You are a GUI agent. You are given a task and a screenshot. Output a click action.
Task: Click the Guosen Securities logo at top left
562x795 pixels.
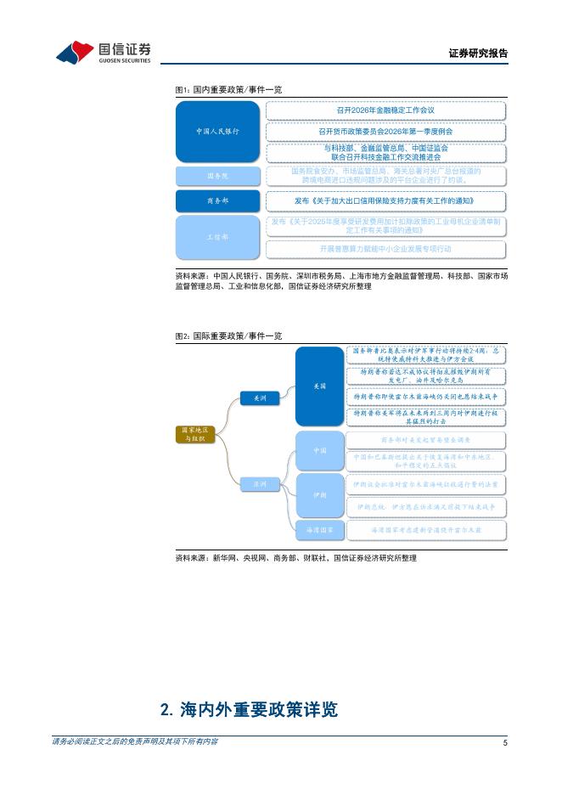[103, 53]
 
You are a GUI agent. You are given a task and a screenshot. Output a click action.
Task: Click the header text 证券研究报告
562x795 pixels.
[478, 54]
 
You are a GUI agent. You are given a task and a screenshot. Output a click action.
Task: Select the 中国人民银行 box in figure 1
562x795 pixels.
[217, 132]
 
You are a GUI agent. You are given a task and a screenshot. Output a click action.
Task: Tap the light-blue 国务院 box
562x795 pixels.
[217, 176]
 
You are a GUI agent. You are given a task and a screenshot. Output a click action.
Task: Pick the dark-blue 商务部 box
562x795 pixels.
[217, 201]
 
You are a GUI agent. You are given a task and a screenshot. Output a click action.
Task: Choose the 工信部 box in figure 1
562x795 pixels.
[217, 237]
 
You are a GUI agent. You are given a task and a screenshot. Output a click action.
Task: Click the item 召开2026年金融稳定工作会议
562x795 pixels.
[385, 110]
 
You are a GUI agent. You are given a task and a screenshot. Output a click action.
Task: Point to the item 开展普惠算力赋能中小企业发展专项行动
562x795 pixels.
[385, 249]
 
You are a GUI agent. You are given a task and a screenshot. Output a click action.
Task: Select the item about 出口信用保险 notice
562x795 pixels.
[385, 201]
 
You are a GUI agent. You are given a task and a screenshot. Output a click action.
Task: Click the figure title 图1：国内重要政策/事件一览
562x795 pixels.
[228, 88]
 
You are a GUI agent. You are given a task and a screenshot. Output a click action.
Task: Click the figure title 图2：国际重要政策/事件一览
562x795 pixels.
[228, 336]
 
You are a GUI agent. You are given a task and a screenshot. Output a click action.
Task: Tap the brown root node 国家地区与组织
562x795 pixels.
[196, 435]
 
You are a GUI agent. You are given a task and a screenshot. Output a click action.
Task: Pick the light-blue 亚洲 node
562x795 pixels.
[254, 483]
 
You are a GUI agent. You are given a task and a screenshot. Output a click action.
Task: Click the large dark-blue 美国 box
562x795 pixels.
[319, 386]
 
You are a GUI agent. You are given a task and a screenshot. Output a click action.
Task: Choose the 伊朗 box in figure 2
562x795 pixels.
[319, 493]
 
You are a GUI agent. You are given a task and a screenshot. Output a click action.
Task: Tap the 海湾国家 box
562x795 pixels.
[319, 529]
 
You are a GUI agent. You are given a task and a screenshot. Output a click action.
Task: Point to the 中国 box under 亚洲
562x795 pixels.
[319, 450]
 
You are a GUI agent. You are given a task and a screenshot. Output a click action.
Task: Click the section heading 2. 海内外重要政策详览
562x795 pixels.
[255, 708]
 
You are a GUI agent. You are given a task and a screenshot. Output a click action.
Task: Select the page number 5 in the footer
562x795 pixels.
[504, 743]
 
